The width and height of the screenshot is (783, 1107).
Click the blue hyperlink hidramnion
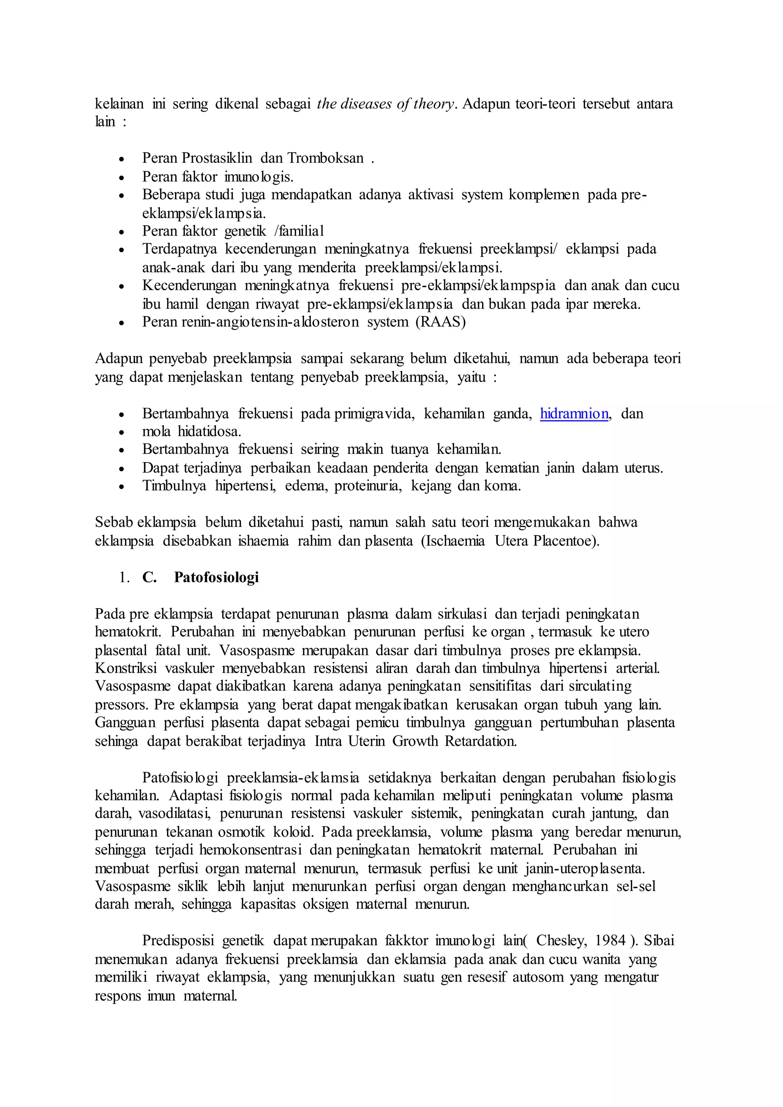(574, 414)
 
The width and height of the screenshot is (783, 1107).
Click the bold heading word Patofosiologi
(216, 577)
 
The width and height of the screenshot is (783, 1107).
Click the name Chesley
(561, 941)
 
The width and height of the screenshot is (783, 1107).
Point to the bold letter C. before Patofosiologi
(149, 577)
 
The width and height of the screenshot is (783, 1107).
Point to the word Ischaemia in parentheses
(453, 541)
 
